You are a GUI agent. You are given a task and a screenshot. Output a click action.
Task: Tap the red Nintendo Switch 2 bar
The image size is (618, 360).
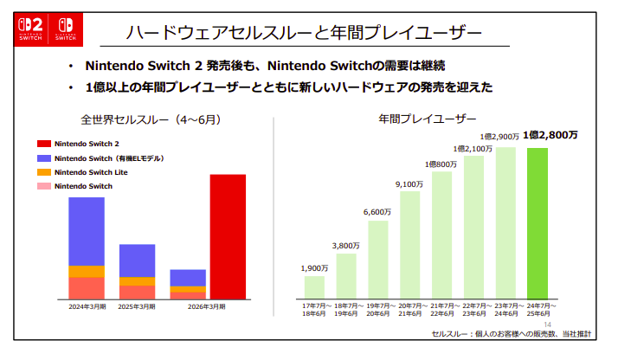228,235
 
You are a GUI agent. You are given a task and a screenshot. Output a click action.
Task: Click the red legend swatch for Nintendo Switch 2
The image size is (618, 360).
44,144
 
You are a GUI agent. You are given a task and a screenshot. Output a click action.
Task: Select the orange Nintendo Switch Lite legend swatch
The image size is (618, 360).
44,172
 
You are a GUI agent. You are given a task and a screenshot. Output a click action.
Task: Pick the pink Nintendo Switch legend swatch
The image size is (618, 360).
44,186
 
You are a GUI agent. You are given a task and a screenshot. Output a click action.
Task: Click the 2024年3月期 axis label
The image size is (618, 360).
87,306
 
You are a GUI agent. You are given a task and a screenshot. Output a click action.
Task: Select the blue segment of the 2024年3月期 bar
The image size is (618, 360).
87,231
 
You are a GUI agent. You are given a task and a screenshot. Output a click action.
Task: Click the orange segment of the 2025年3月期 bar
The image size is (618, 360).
137,280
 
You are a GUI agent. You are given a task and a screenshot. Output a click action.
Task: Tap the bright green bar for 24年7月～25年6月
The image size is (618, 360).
538,223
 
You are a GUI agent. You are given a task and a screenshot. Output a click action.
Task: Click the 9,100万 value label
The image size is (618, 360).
409,183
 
